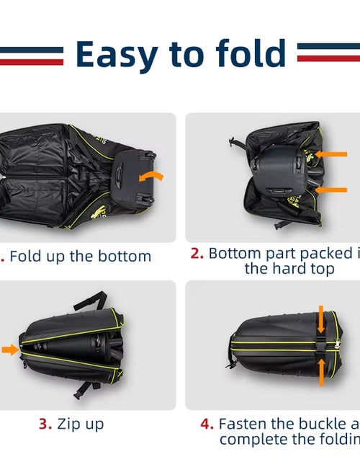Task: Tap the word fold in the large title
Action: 243,54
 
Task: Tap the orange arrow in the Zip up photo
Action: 9,350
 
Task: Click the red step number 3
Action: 44,424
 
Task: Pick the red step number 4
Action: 207,424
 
